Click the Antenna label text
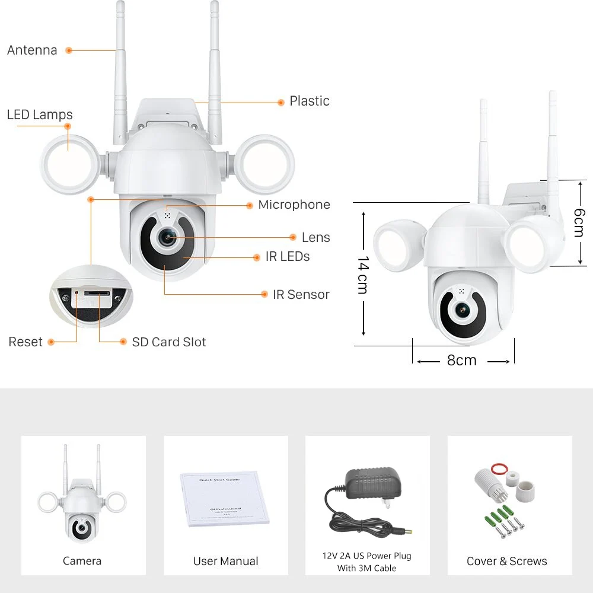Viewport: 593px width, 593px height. (32, 50)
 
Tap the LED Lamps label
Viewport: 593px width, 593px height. (40, 114)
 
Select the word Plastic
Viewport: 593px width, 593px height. (309, 101)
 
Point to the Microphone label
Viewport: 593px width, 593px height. (294, 205)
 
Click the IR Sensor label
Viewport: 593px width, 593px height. (301, 295)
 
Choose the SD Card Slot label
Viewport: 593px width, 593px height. (168, 342)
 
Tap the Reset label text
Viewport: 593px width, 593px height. (25, 342)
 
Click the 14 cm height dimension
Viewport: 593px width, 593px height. (363, 275)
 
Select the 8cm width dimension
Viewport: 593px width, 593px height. (461, 361)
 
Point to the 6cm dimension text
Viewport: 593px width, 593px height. (579, 222)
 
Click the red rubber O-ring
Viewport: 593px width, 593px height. (501, 470)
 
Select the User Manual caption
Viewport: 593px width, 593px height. (225, 561)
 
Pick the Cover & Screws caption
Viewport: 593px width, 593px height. (506, 561)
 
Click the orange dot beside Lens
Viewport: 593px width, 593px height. (293, 237)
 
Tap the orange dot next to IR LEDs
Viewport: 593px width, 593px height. (257, 257)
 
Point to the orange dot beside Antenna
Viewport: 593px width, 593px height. (69, 50)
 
